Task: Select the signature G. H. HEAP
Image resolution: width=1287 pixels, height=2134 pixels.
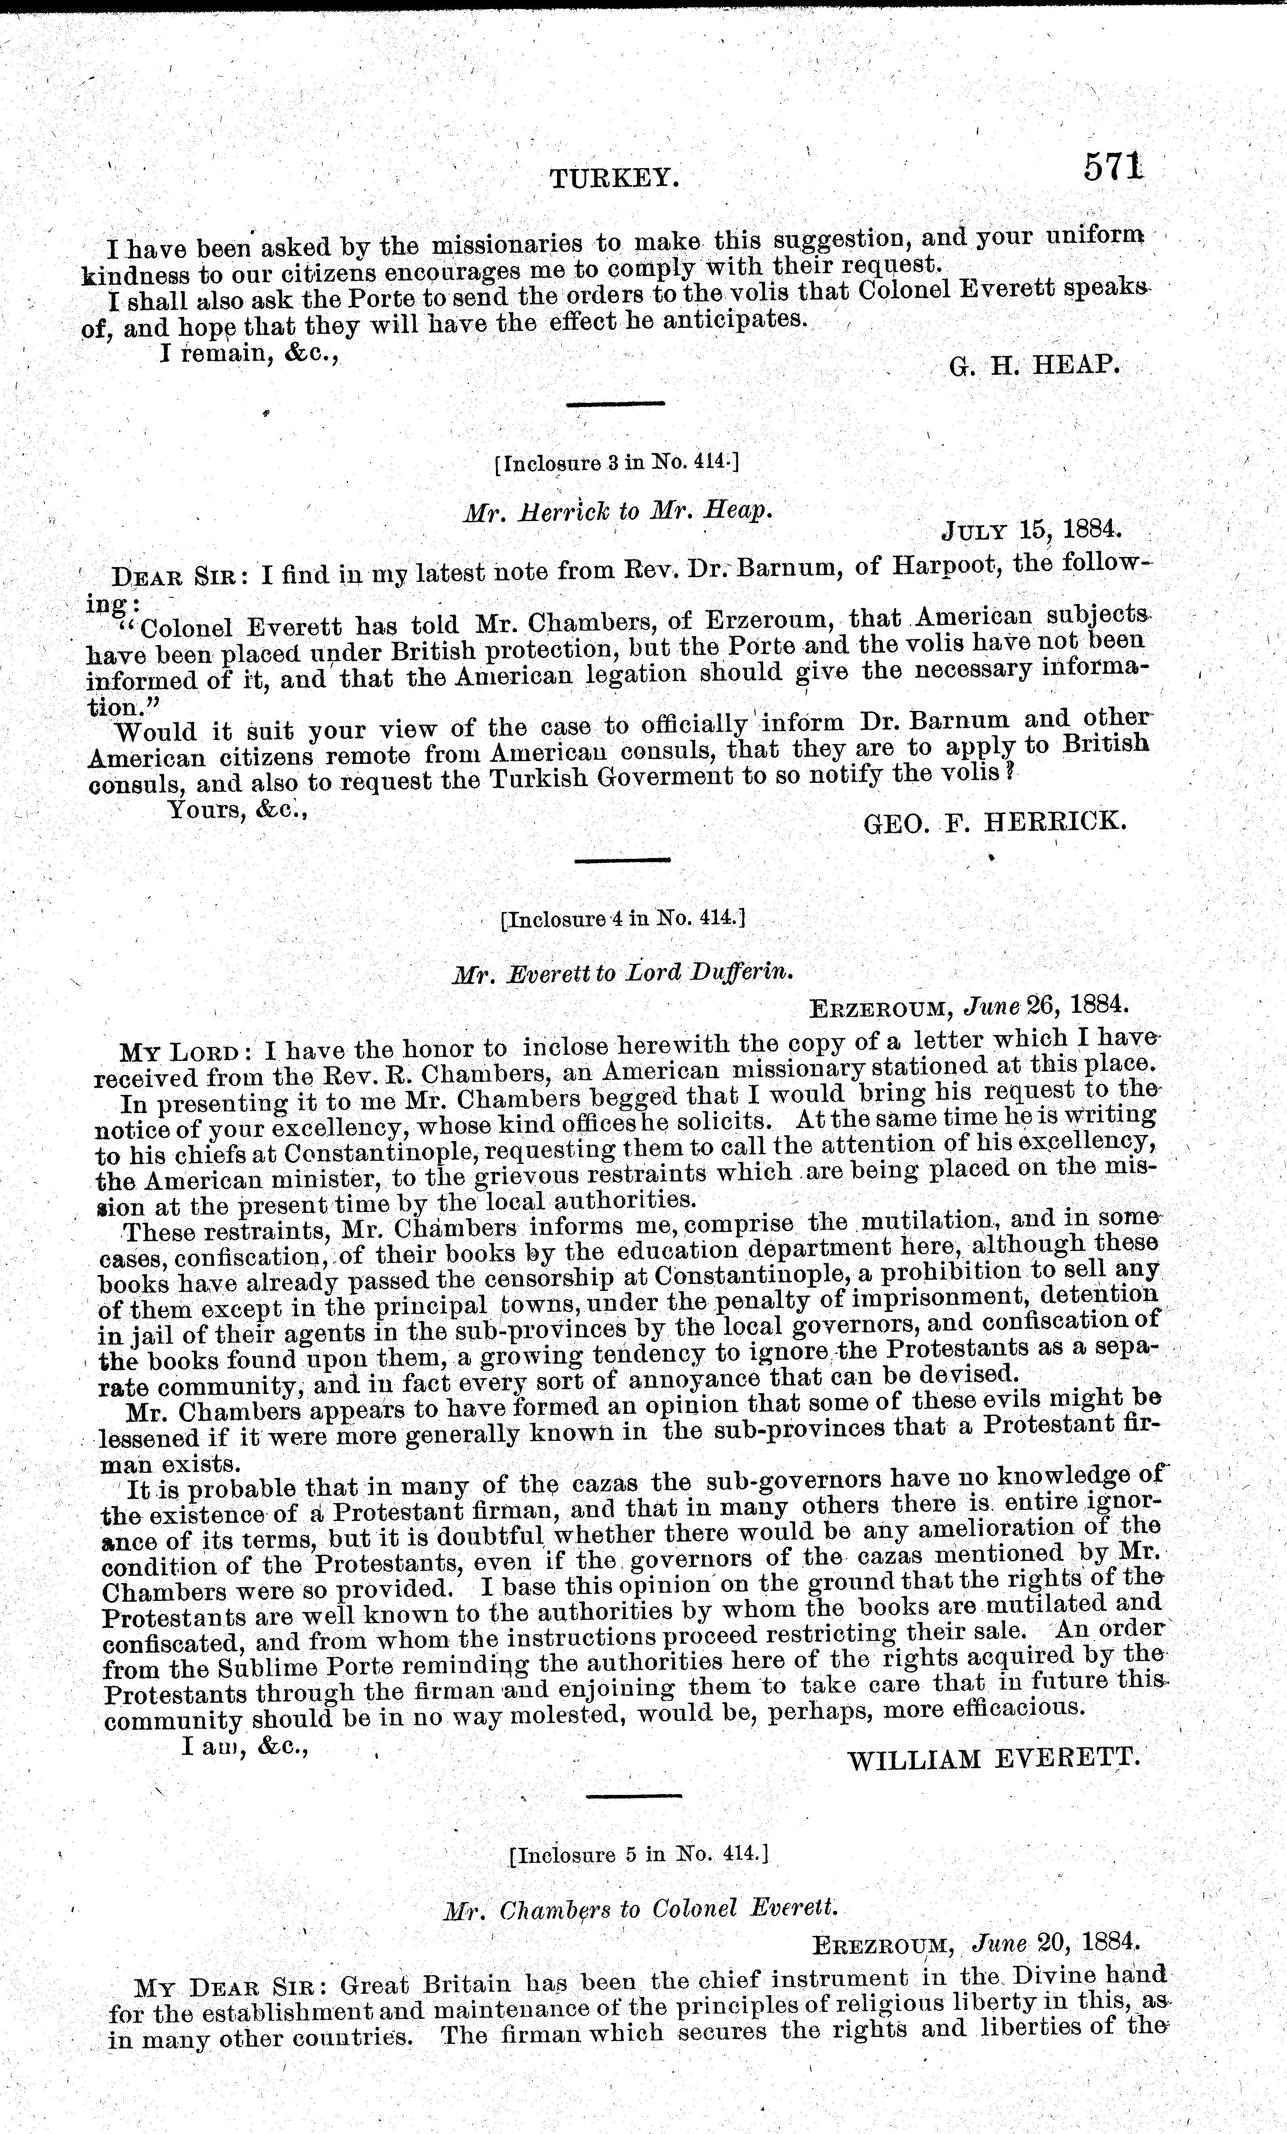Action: tap(1035, 365)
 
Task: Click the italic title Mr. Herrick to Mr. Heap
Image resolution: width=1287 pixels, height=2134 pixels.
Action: tap(617, 512)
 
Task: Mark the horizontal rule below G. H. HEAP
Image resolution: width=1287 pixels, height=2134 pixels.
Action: tap(615, 404)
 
